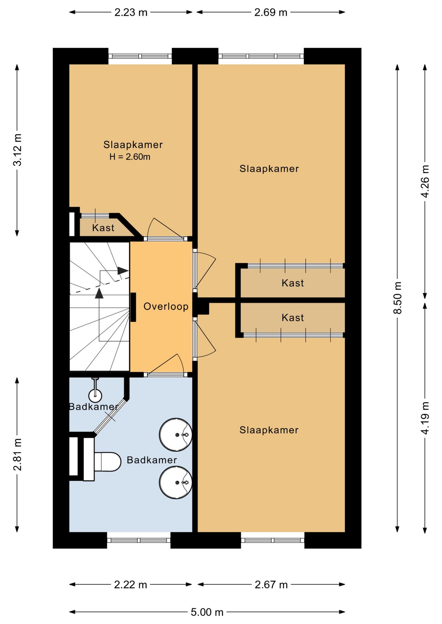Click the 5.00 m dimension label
(207, 612)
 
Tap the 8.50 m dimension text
(397, 298)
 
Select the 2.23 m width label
(131, 12)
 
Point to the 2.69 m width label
(271, 12)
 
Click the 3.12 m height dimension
(17, 150)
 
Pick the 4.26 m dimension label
(425, 181)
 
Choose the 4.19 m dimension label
(425, 418)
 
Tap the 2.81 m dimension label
(17, 454)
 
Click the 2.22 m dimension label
(131, 585)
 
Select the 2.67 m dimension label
(271, 585)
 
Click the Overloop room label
(166, 306)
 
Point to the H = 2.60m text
(130, 157)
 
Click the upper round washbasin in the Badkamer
(175, 435)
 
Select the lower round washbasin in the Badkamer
(175, 483)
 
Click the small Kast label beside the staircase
(103, 228)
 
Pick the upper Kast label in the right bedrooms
(293, 283)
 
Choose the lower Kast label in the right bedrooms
(293, 318)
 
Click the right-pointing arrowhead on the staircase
(123, 270)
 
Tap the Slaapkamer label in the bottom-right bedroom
(269, 430)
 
